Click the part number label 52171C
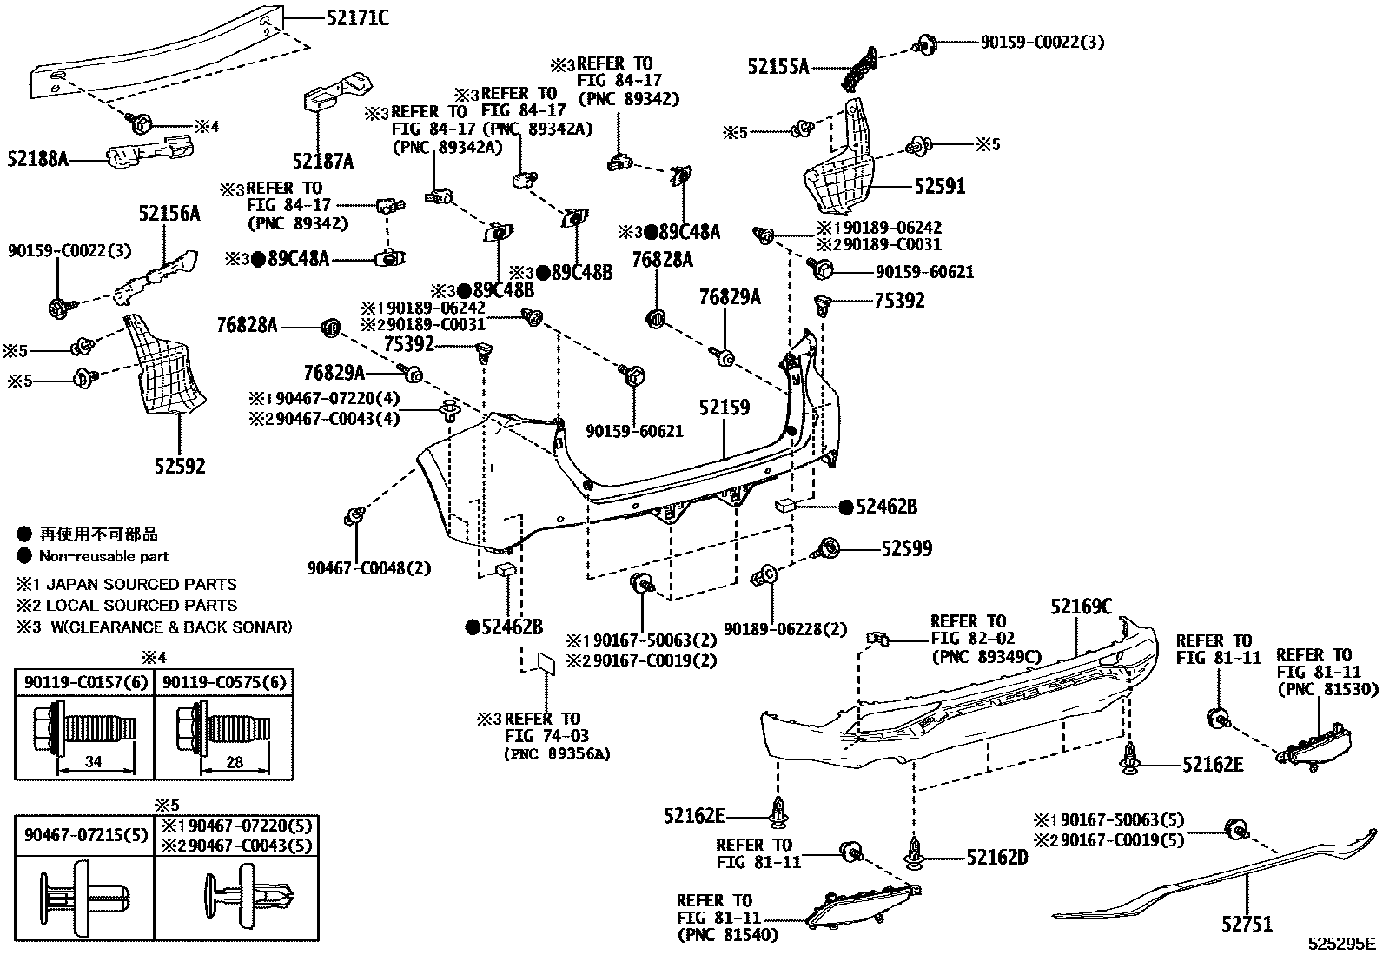(346, 17)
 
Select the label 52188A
(38, 158)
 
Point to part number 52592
(180, 467)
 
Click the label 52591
(939, 186)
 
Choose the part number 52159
(725, 408)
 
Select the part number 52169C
(1081, 607)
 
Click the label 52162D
(996, 858)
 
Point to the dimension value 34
(93, 762)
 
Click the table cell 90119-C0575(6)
(222, 682)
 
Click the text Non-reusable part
(103, 556)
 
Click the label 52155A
(778, 66)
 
